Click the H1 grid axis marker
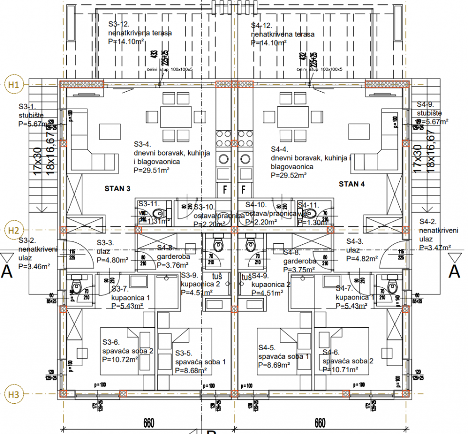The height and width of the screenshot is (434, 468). click(x=13, y=84)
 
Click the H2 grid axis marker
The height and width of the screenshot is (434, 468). click(x=13, y=230)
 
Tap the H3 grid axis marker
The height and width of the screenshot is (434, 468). click(x=13, y=393)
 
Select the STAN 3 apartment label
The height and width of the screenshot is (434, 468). click(x=117, y=188)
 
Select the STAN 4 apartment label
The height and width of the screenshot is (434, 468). click(x=352, y=184)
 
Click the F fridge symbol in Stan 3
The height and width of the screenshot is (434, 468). click(x=225, y=188)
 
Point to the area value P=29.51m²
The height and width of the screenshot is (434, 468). click(x=151, y=171)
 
